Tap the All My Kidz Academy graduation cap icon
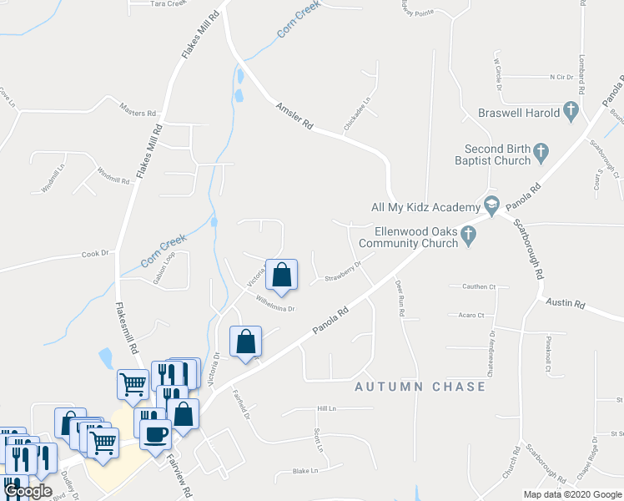tap(492, 206)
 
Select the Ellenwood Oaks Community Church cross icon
tap(468, 237)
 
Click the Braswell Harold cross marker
tap(571, 111)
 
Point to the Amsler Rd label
tap(294, 115)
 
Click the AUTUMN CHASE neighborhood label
tap(420, 387)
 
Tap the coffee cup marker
tap(155, 434)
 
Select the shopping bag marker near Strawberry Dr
tap(282, 275)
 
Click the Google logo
tap(28, 492)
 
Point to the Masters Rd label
tap(138, 110)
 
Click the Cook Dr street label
tap(95, 254)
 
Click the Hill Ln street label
tap(325, 409)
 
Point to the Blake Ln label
tap(306, 471)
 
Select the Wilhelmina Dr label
tap(276, 303)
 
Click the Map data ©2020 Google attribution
tap(571, 494)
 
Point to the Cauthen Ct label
tap(478, 286)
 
